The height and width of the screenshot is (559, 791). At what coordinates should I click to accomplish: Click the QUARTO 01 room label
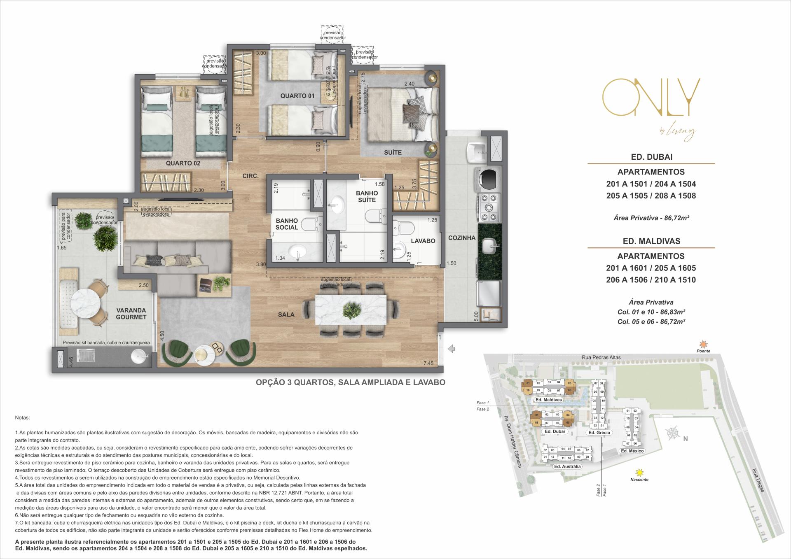pos(297,96)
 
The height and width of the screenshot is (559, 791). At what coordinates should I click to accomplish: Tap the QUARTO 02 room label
pos(183,163)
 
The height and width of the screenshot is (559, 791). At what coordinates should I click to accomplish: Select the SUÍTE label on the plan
pos(392,152)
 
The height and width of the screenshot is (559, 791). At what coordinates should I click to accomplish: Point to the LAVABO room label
pos(423,241)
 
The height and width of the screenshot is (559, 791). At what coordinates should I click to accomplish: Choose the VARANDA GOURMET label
pos(131,314)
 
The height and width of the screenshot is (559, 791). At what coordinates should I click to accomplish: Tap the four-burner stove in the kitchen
pos(489,208)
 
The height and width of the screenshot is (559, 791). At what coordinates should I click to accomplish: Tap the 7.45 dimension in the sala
pos(428,363)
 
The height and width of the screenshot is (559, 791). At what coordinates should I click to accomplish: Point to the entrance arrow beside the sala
pos(452,349)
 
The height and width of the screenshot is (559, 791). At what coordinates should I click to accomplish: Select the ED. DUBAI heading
pos(651,157)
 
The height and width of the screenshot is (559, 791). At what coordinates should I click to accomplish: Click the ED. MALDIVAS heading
pos(651,241)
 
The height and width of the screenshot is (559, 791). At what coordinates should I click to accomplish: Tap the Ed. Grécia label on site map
pos(599,433)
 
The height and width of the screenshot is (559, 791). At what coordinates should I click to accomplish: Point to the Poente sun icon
pos(703,344)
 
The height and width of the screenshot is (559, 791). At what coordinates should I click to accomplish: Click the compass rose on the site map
pos(672,433)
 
